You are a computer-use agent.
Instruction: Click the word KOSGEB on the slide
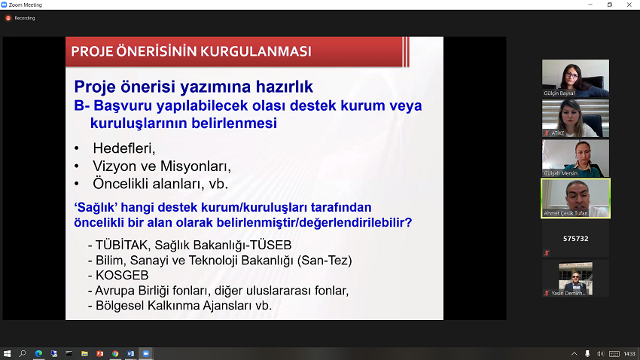pyautogui.click(x=122, y=276)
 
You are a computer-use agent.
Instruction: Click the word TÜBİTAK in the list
pyautogui.click(x=121, y=245)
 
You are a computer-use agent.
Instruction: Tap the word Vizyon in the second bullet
pyautogui.click(x=115, y=166)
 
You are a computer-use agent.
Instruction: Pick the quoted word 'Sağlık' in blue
pyautogui.click(x=96, y=207)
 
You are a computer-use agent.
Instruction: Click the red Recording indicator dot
pyautogui.click(x=8, y=18)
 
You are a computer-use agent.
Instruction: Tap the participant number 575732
pyautogui.click(x=575, y=239)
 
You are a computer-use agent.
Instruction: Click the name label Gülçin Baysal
pyautogui.click(x=559, y=93)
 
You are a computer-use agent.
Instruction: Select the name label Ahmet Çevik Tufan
pyautogui.click(x=565, y=213)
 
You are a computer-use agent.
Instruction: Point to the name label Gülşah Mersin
pyautogui.click(x=560, y=173)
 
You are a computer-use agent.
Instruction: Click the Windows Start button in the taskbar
pyautogui.click(x=7, y=353)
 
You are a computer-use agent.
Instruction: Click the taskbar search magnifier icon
pyautogui.click(x=23, y=353)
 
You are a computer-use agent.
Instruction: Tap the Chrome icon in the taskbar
pyautogui.click(x=115, y=354)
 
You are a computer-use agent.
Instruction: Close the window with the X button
pyautogui.click(x=629, y=5)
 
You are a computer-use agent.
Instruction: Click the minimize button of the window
pyautogui.click(x=590, y=5)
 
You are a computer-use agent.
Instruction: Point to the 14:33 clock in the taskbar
pyautogui.click(x=629, y=354)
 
